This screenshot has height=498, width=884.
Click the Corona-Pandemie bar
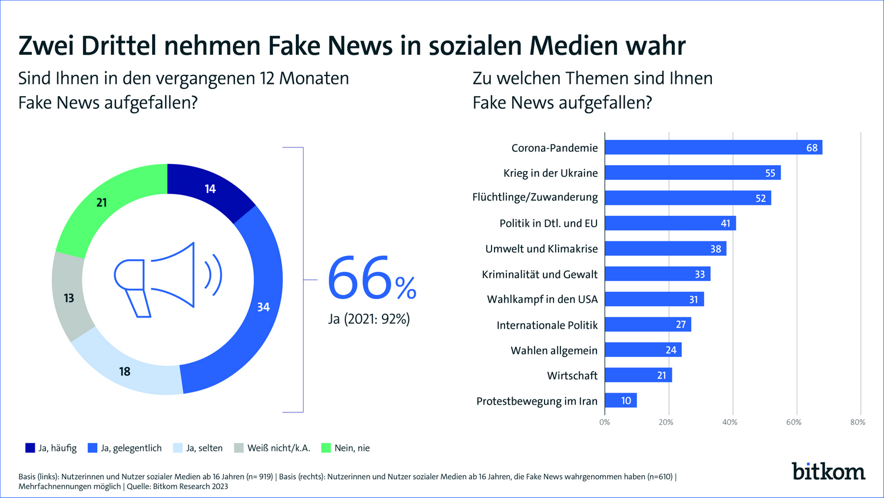pyautogui.click(x=713, y=148)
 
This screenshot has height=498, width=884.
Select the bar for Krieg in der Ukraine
pyautogui.click(x=692, y=173)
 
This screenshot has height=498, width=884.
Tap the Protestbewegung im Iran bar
pyautogui.click(x=621, y=401)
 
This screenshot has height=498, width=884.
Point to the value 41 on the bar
pyautogui.click(x=725, y=224)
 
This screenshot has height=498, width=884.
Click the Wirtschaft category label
pyautogui.click(x=572, y=376)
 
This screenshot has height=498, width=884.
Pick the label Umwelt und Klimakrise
pyautogui.click(x=541, y=249)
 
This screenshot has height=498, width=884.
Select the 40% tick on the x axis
pyautogui.click(x=730, y=422)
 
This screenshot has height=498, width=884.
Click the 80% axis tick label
pyautogui.click(x=857, y=422)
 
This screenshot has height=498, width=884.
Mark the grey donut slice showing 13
pyautogui.click(x=69, y=298)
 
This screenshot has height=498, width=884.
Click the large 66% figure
pyautogui.click(x=371, y=279)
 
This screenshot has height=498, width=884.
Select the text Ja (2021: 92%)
pyautogui.click(x=369, y=319)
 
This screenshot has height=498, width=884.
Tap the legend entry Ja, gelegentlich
pyautogui.click(x=124, y=448)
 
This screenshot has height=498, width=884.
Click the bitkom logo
pyautogui.click(x=828, y=471)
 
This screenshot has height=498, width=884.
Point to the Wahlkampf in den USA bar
pyautogui.click(x=654, y=299)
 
